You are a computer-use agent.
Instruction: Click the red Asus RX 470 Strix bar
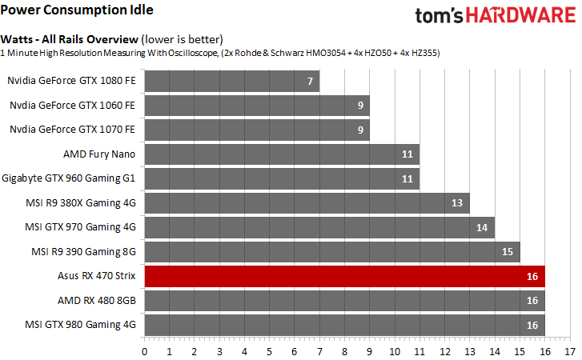[x=344, y=277]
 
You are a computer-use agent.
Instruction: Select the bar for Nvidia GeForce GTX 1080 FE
[x=232, y=81]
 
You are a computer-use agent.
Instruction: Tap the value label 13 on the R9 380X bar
[x=457, y=203]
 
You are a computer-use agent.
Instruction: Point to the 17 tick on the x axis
[x=569, y=350]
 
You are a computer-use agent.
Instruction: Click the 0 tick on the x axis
[x=144, y=350]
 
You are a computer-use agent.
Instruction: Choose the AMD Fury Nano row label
[x=99, y=154]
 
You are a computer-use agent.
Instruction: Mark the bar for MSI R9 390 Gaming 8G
[x=332, y=252]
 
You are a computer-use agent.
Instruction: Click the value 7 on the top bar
[x=309, y=82]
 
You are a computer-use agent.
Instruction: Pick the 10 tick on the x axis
[x=395, y=350]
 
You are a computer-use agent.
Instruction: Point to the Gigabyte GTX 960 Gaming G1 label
[x=70, y=178]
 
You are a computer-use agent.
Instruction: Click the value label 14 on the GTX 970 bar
[x=482, y=228]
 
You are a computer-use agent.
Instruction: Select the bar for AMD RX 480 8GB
[x=344, y=301]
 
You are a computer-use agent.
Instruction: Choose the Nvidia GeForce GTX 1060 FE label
[x=72, y=105]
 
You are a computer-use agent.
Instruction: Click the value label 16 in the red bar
[x=532, y=277]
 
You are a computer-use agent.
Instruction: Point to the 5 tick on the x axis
[x=269, y=350]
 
